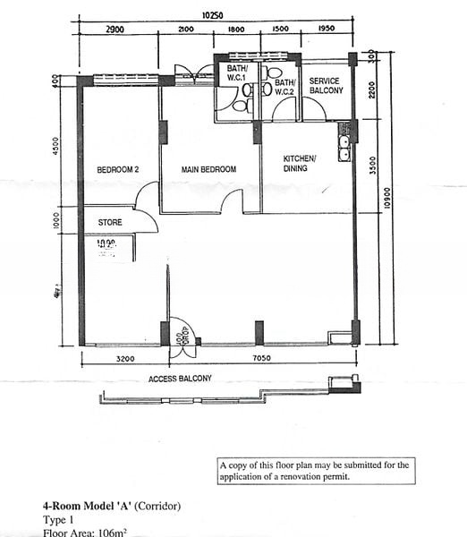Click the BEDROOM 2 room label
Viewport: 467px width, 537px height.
(x=119, y=169)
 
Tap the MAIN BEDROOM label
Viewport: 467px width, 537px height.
(x=208, y=169)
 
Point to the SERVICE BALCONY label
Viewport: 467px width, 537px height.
(x=324, y=86)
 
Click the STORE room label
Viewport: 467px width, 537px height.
(x=110, y=222)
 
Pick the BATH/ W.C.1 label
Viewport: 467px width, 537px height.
(x=237, y=74)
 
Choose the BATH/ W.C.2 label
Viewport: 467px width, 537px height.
(x=284, y=87)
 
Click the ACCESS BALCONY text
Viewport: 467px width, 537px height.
(x=180, y=379)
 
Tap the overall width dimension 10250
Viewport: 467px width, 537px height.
(x=212, y=15)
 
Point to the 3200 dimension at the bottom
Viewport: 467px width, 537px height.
(x=123, y=360)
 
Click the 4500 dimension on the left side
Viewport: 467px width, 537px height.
(x=55, y=146)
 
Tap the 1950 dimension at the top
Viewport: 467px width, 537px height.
(x=326, y=30)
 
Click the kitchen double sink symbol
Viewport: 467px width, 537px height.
(x=344, y=146)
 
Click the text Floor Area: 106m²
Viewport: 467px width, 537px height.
(x=85, y=532)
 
